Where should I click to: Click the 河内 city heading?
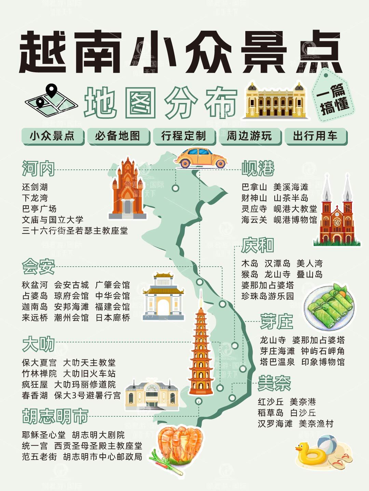(x=38, y=168)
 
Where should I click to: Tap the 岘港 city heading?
(x=258, y=168)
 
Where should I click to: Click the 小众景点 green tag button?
(x=52, y=136)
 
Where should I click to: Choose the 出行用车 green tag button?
(x=315, y=136)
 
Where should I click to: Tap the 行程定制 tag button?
(x=183, y=136)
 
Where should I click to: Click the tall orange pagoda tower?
(x=201, y=351)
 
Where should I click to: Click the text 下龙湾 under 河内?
(x=35, y=198)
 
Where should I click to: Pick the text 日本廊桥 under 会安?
(x=112, y=317)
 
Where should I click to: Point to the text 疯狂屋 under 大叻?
(x=35, y=384)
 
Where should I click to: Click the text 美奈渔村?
(x=316, y=423)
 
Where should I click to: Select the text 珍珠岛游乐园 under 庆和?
(x=268, y=296)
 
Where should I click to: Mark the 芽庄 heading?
(x=276, y=322)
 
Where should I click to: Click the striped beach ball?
(x=327, y=443)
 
